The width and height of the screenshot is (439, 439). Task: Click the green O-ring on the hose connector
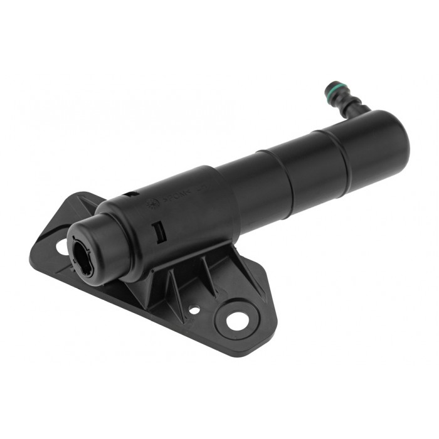tap(333, 92)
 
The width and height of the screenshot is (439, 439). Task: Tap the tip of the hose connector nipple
tap(328, 87)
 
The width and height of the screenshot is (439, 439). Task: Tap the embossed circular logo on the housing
tap(151, 203)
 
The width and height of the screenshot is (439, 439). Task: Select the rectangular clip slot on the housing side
tap(159, 233)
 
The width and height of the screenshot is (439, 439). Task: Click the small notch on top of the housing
tap(133, 194)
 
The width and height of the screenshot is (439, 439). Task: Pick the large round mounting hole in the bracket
tap(236, 320)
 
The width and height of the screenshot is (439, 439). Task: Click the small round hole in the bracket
tap(194, 309)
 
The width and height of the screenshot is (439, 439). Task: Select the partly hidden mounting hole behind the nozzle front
tap(62, 246)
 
